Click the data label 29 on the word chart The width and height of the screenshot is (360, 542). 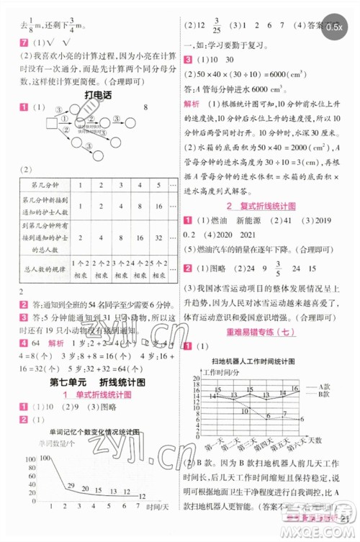(73, 484)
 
